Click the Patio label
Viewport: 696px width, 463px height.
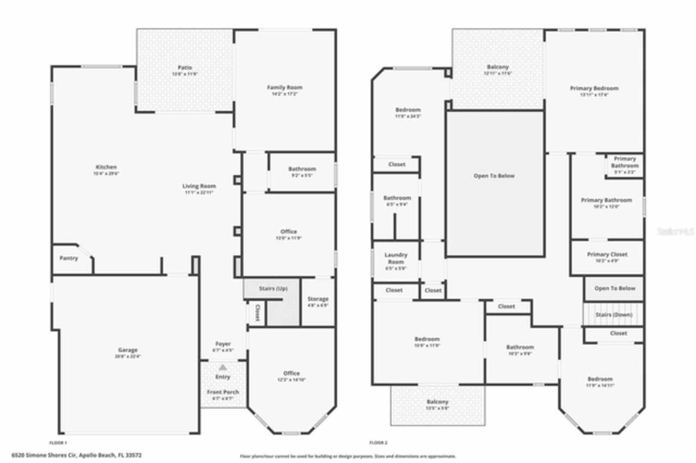tap(185, 67)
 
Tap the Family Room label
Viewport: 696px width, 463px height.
tap(284, 87)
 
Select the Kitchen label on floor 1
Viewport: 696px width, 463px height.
tap(106, 167)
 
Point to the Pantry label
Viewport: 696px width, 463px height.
tap(69, 258)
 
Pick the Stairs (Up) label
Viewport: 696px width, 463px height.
tap(274, 288)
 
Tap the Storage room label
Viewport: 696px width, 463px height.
tap(318, 299)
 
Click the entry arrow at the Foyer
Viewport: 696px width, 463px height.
tap(222, 367)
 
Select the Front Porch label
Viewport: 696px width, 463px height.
tap(222, 392)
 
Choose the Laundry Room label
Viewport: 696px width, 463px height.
tap(396, 258)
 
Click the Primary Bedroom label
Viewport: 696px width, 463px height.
tap(594, 88)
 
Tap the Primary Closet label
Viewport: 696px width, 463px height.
tap(607, 254)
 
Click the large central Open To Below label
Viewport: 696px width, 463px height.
tap(494, 176)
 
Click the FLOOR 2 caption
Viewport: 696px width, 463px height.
tap(378, 442)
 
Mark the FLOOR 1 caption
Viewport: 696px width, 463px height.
tap(58, 442)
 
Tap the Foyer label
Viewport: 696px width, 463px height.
tap(223, 344)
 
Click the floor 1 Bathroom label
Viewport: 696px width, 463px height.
tap(302, 169)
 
